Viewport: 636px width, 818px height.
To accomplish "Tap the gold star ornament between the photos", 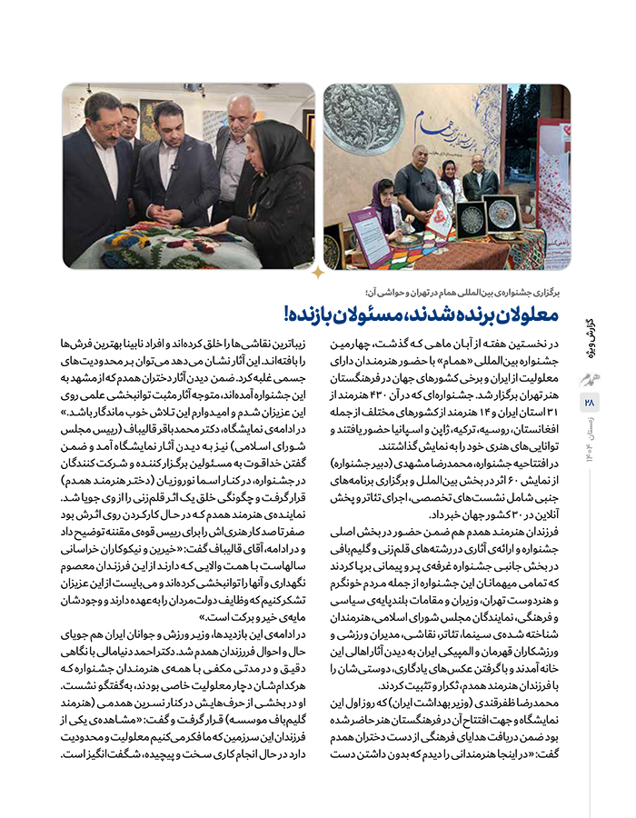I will click(x=318, y=272).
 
